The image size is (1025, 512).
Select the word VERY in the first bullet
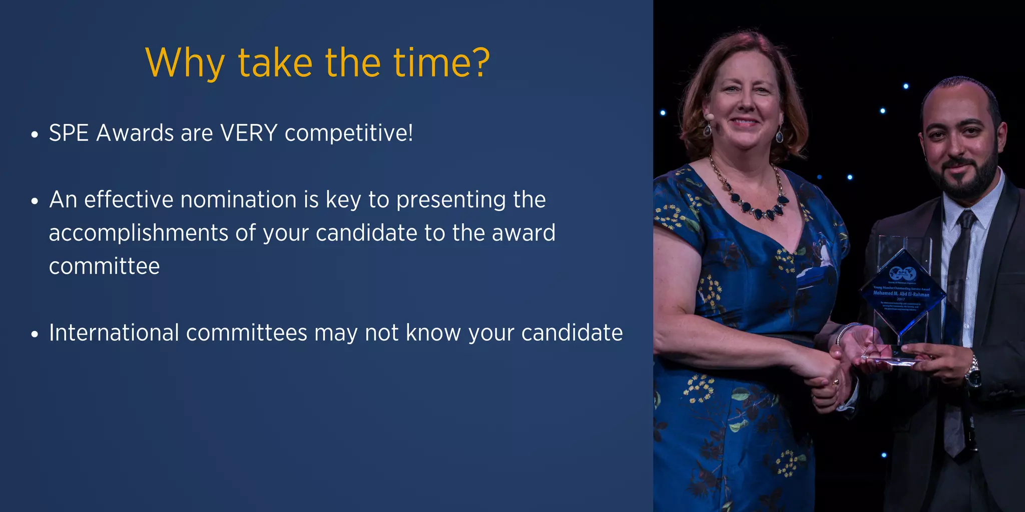(249, 133)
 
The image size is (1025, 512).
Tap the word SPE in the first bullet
(69, 133)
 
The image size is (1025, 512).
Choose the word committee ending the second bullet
(104, 266)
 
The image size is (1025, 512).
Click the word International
(114, 333)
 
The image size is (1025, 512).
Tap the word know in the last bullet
(433, 333)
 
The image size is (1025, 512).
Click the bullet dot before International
(35, 334)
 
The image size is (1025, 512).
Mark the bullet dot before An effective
(35, 201)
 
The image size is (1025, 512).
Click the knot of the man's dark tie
(966, 219)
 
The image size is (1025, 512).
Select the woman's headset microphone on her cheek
(709, 116)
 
